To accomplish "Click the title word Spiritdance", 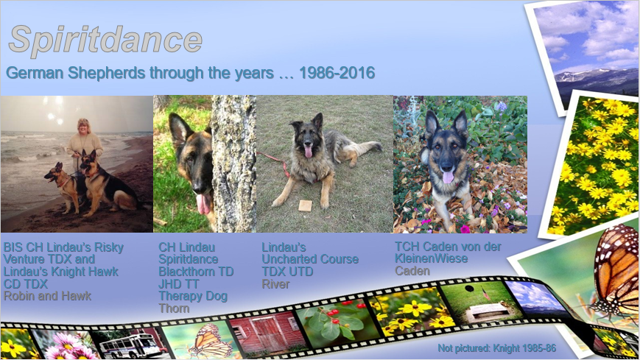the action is tap(105, 40).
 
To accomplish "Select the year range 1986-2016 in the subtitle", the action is tap(337, 73).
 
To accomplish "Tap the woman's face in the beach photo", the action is tap(84, 127).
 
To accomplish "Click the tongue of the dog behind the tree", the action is tap(203, 204).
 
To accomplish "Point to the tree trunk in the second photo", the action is tap(234, 163).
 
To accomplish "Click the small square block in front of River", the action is tap(305, 205).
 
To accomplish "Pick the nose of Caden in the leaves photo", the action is tap(447, 166).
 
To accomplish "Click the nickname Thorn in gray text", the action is tap(174, 308).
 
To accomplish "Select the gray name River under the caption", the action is tap(275, 283).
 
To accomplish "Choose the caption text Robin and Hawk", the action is tap(47, 296).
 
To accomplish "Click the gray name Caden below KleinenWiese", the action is tap(412, 271).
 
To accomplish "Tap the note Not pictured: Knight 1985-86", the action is tap(496, 348).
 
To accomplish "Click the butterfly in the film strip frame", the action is tap(210, 341).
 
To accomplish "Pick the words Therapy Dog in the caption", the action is tap(193, 296).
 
